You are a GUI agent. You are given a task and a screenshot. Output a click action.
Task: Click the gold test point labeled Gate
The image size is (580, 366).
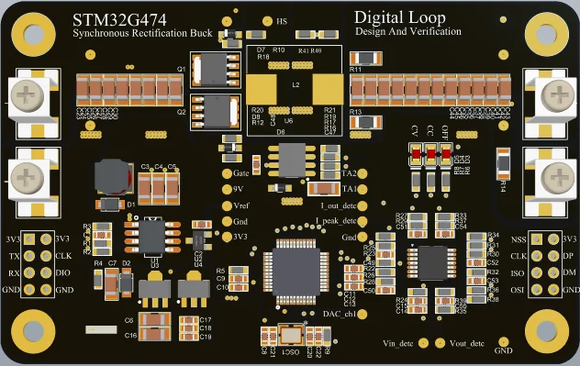[226, 172]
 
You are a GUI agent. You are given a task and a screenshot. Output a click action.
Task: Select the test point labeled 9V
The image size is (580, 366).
[226, 188]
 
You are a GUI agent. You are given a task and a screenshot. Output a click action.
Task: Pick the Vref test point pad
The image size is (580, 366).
[226, 205]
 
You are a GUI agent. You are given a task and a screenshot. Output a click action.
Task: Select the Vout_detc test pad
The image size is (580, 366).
[443, 344]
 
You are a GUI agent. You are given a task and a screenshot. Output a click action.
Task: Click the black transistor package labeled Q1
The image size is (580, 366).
[215, 70]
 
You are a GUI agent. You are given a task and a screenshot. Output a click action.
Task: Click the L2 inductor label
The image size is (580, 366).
[296, 84]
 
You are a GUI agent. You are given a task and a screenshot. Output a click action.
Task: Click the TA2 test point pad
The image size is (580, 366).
[362, 172]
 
